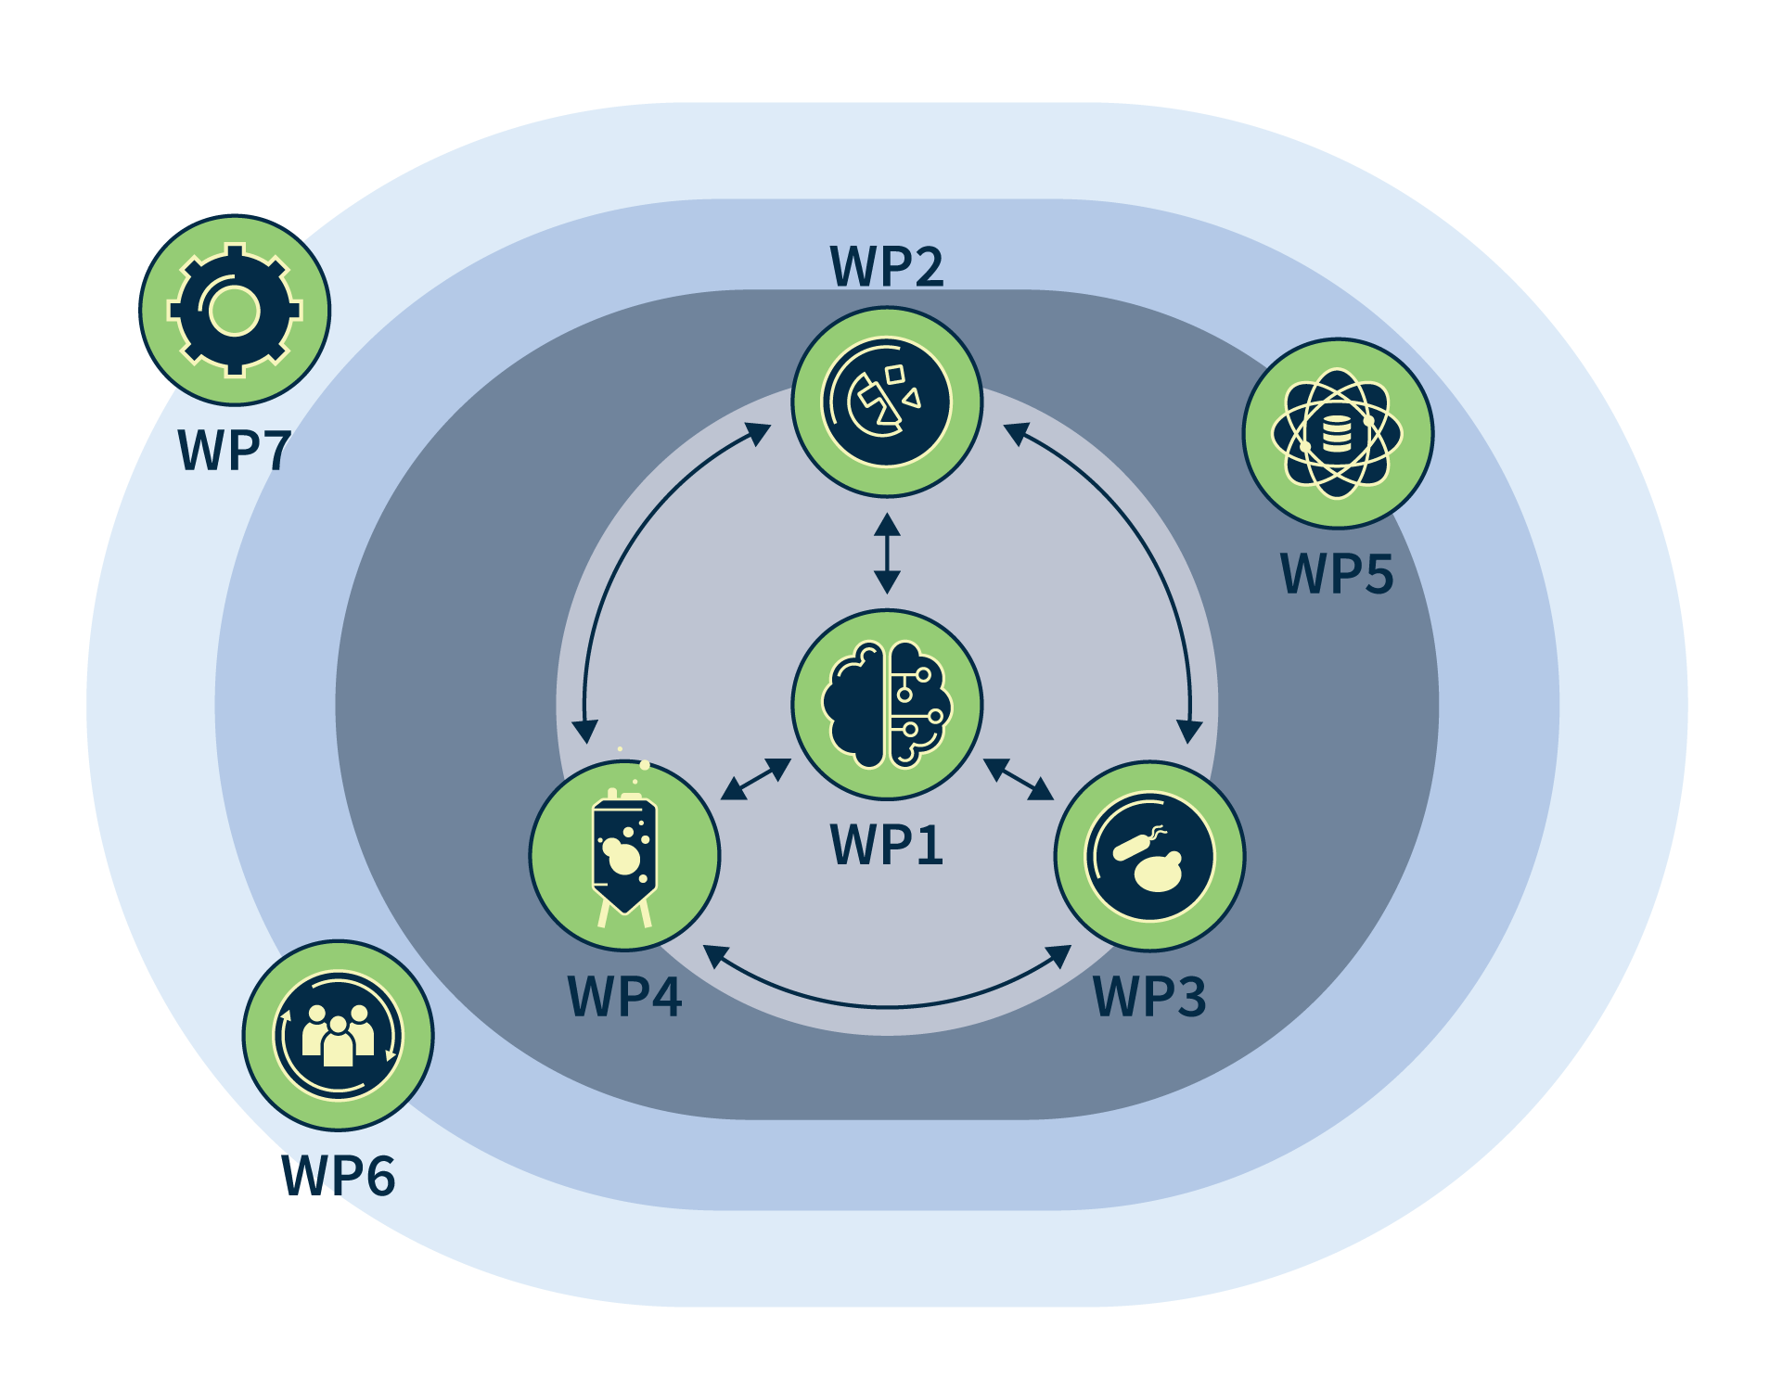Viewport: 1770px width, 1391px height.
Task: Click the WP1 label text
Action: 887,845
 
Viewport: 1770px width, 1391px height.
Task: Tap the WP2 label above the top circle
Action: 887,266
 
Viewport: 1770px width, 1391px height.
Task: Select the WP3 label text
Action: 1149,997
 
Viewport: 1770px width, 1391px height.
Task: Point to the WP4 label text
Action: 624,997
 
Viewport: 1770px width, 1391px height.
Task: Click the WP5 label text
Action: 1337,573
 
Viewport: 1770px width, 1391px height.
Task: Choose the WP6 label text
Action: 339,1176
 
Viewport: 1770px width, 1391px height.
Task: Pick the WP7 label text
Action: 235,451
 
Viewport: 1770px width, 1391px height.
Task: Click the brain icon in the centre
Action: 887,705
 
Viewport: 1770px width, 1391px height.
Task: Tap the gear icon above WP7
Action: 235,311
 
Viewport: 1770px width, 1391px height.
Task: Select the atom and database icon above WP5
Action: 1337,433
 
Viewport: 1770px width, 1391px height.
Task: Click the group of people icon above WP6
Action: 339,1035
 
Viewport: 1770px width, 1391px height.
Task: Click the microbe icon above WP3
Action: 1149,856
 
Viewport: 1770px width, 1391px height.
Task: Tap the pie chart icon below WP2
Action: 887,402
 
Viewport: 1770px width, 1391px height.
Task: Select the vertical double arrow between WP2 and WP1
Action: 887,554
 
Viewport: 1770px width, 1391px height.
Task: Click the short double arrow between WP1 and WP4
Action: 756,779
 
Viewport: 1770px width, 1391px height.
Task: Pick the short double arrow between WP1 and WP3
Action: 1019,779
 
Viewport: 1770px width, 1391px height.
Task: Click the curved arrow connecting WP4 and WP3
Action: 887,1006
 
